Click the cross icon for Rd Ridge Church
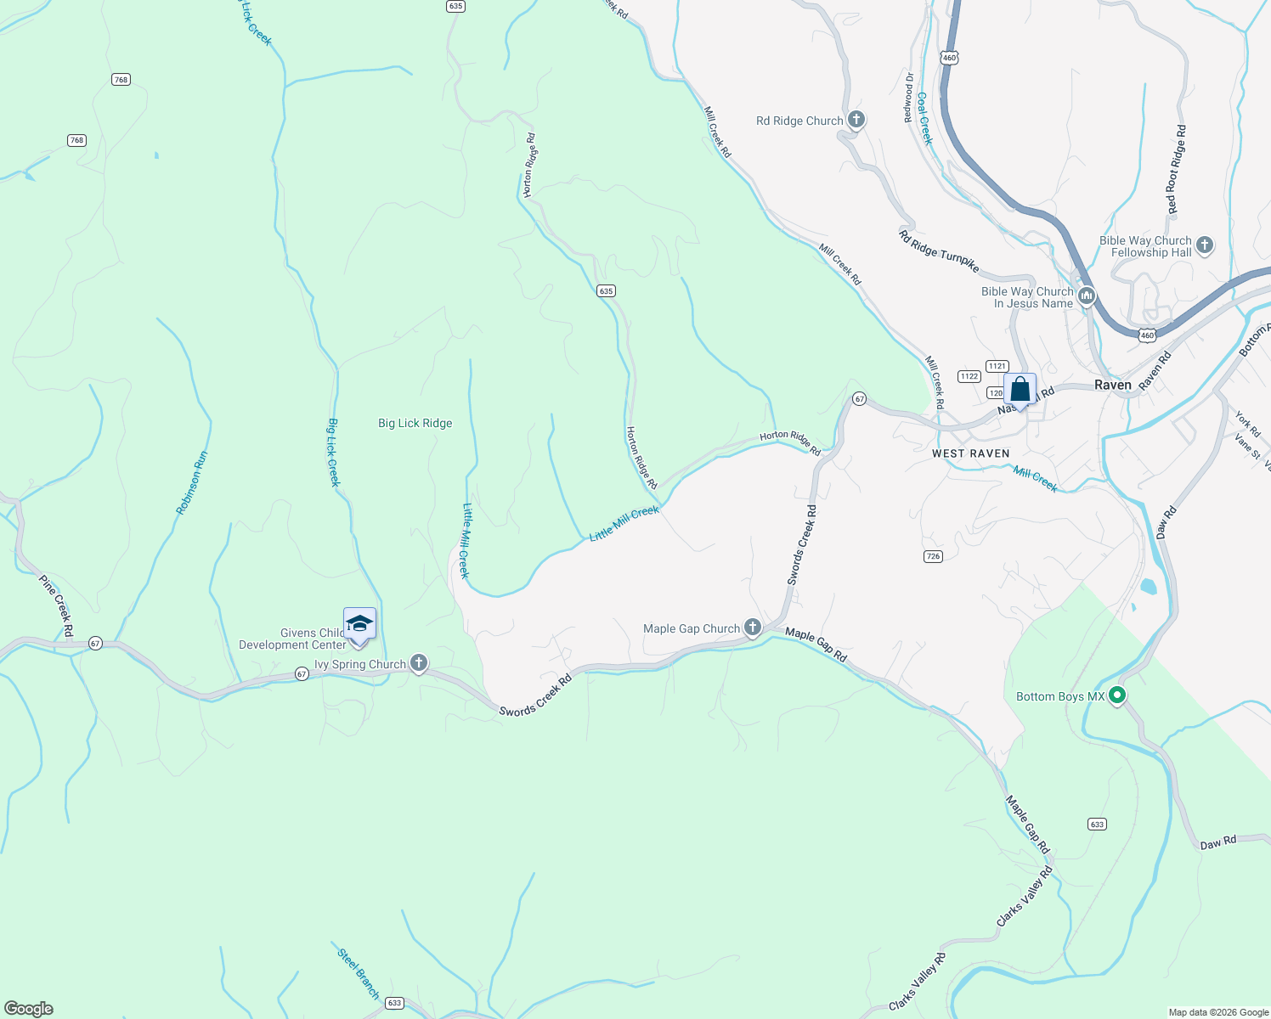pos(856,120)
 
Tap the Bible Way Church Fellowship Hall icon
pos(1204,246)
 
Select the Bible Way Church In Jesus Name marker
pos(1087,296)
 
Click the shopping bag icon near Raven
pos(1020,390)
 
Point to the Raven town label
pos(1112,385)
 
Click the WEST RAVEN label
pos(970,453)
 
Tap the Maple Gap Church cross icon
pos(752,628)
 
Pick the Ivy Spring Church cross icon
pos(418,663)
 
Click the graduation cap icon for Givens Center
pos(359,624)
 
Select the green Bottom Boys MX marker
pos(1117,695)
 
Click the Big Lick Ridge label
pos(415,423)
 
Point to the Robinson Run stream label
pos(192,482)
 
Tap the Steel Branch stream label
pos(359,972)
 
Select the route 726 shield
pos(933,556)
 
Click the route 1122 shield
pos(969,376)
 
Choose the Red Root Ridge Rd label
pos(1177,170)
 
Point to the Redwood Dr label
pos(909,98)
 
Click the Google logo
pos(29,1009)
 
